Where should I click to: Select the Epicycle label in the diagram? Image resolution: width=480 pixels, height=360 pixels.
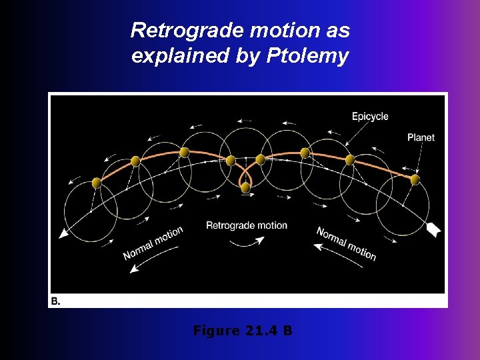[370, 117]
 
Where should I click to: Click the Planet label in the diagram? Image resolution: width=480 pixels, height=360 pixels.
[421, 137]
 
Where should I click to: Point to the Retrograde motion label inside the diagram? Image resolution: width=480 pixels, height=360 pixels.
[247, 225]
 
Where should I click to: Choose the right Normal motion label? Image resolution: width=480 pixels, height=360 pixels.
[347, 243]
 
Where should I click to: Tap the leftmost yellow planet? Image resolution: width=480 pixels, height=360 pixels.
[96, 183]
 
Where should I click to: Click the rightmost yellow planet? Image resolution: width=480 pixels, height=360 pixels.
[415, 179]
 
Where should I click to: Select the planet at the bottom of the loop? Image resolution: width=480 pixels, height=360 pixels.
[245, 187]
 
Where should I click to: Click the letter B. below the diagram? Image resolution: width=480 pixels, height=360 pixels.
[55, 301]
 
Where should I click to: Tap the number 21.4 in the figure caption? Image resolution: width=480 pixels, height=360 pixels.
[262, 330]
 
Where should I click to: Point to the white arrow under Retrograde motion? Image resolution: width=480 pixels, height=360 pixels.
[247, 241]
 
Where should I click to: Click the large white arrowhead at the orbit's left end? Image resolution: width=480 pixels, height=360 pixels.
[64, 233]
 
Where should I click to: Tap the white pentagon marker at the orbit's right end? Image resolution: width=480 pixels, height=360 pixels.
[433, 230]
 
